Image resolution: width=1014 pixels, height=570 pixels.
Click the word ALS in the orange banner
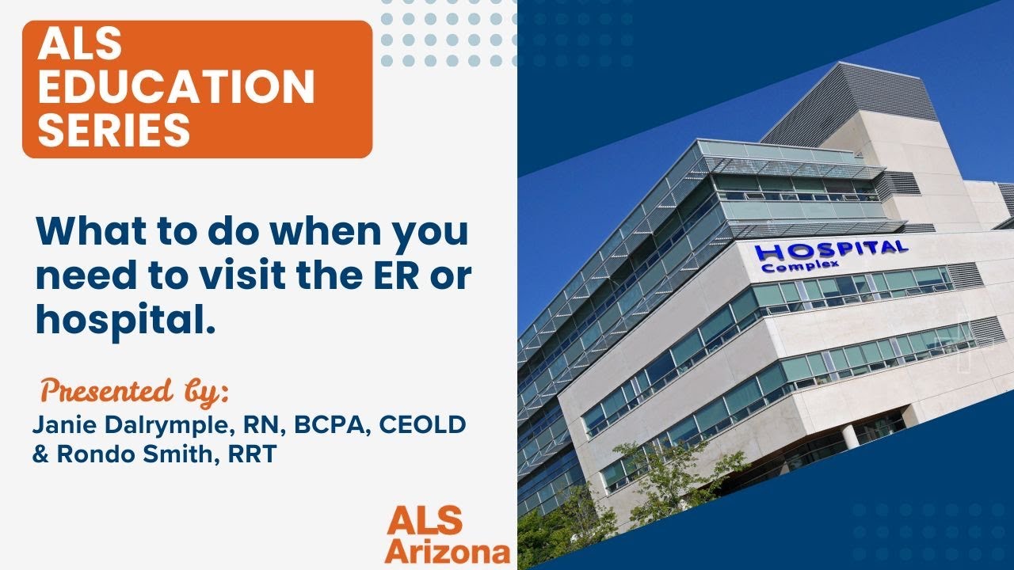tap(80, 47)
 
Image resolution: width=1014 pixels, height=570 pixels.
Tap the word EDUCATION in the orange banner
tap(176, 87)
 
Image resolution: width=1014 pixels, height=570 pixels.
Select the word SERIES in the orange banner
tap(114, 129)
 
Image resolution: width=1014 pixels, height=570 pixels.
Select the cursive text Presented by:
tap(135, 391)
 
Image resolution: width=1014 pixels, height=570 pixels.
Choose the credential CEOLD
tap(422, 425)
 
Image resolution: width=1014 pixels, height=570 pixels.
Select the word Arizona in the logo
tap(448, 551)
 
